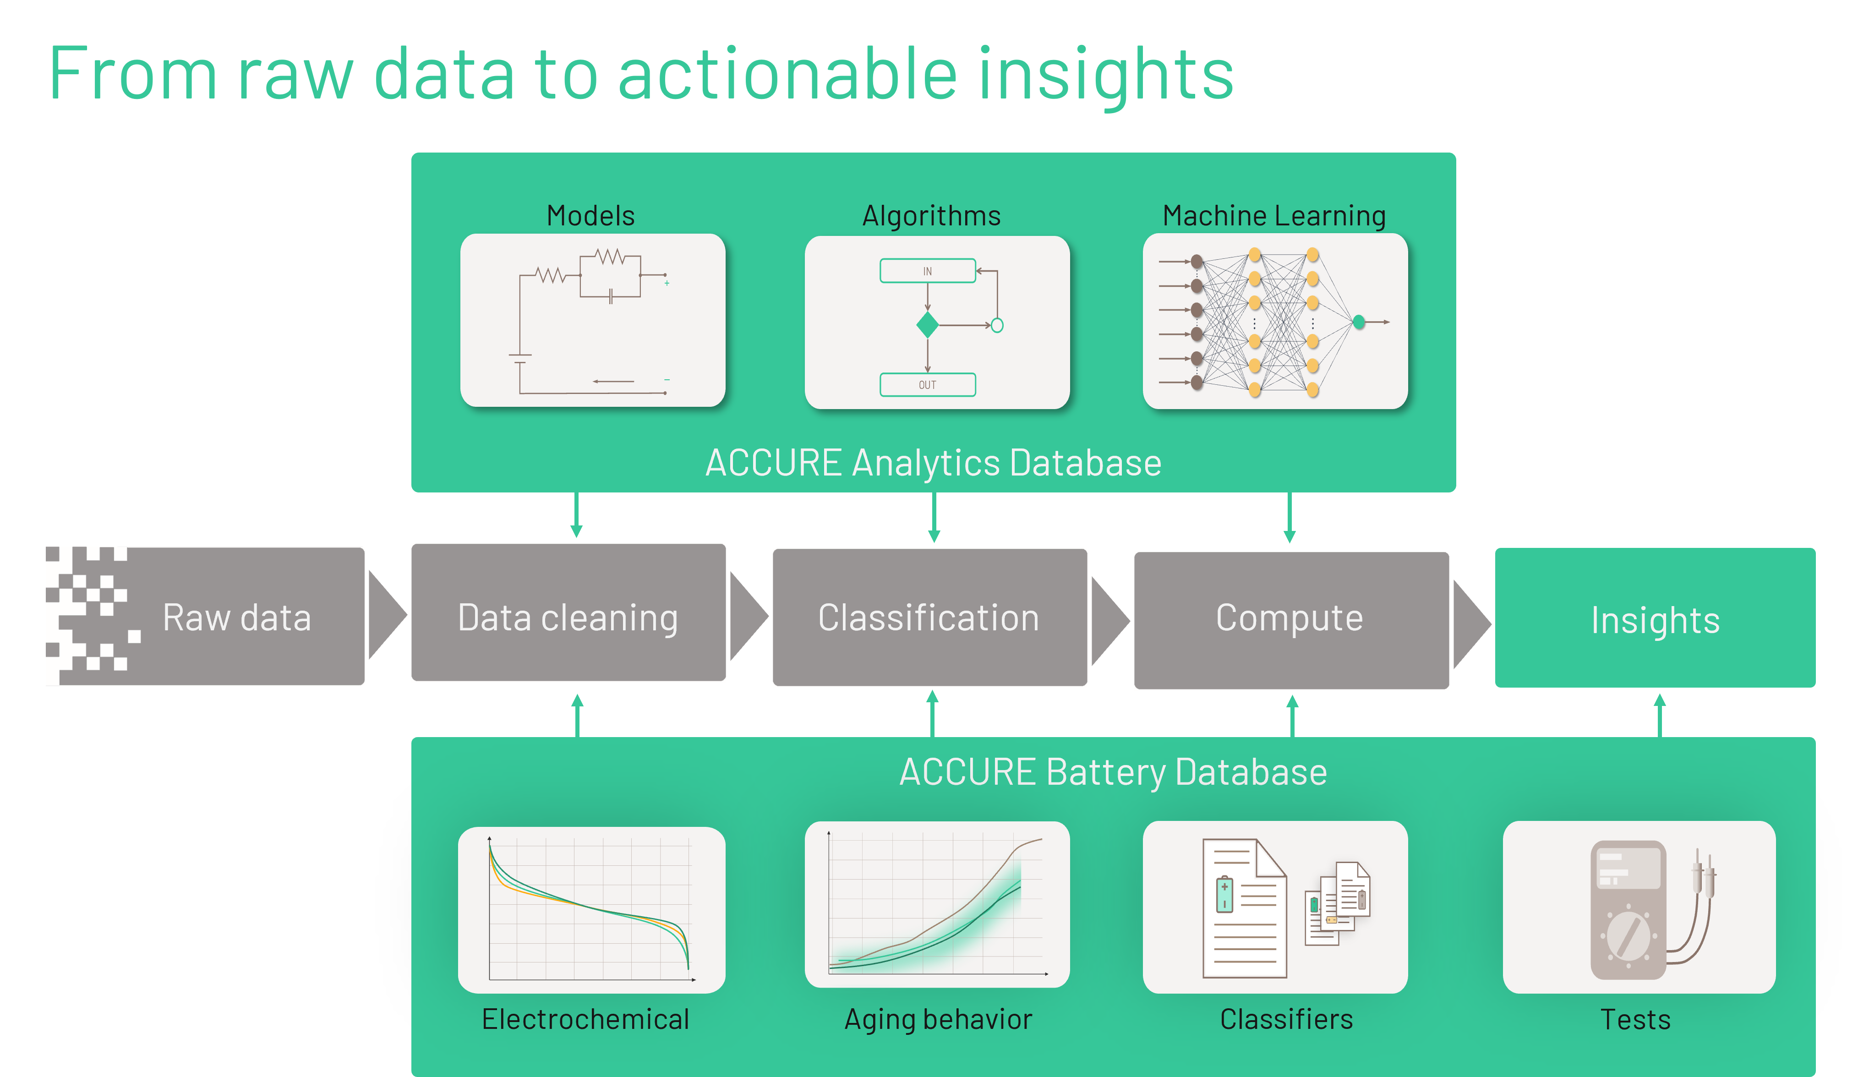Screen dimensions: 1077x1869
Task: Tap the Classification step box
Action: [930, 618]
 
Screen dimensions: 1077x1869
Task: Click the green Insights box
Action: [1655, 618]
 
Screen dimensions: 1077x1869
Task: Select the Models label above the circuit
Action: [590, 216]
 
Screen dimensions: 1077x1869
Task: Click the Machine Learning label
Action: [1273, 216]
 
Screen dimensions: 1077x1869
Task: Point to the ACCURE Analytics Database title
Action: [933, 463]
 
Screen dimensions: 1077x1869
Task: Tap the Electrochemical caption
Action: [585, 1019]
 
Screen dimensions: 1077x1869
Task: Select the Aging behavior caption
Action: [938, 1019]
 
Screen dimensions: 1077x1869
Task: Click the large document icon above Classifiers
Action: [1244, 908]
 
